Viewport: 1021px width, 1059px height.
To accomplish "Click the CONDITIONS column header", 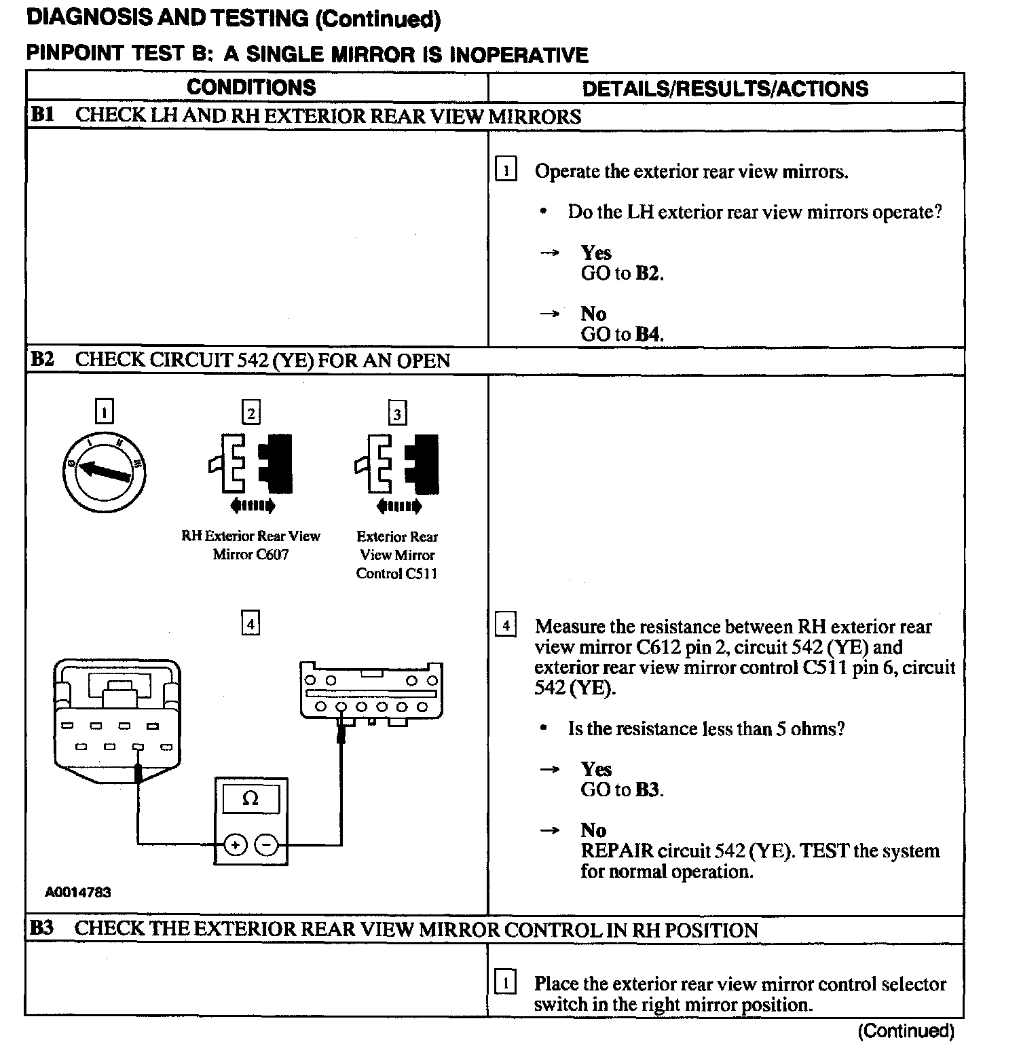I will pos(251,88).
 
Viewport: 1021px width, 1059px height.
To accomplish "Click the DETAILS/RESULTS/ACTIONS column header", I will pos(725,89).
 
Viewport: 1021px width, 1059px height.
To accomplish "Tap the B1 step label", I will pos(42,115).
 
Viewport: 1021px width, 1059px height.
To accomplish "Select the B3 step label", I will pos(42,928).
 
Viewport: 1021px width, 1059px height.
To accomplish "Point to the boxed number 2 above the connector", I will pos(251,413).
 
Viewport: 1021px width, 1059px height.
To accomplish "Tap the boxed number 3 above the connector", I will pos(397,413).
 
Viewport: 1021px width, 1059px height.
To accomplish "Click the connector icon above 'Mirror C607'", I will pos(251,465).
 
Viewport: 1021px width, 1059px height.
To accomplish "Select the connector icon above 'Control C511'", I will pos(397,465).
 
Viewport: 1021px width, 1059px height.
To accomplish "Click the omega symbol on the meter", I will pos(250,799).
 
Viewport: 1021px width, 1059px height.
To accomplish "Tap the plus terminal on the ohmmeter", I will pos(235,845).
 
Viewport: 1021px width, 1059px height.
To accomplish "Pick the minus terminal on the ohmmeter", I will pos(267,845).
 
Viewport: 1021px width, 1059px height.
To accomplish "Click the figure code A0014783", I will pos(77,892).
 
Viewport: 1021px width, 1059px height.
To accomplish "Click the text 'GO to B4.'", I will pos(622,334).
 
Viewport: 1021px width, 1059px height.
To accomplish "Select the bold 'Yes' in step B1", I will pos(596,253).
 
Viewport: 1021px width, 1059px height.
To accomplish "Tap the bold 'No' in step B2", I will pos(593,830).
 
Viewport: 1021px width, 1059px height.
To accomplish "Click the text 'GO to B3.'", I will pos(622,789).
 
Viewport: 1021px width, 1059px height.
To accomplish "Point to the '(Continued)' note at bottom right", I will pos(906,1031).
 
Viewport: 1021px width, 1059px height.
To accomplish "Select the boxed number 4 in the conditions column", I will pos(251,623).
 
